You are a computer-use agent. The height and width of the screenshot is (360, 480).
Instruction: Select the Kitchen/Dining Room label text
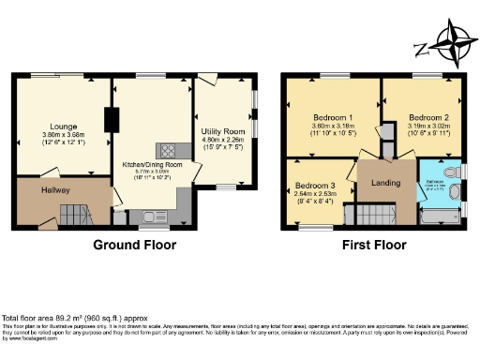(149, 163)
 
